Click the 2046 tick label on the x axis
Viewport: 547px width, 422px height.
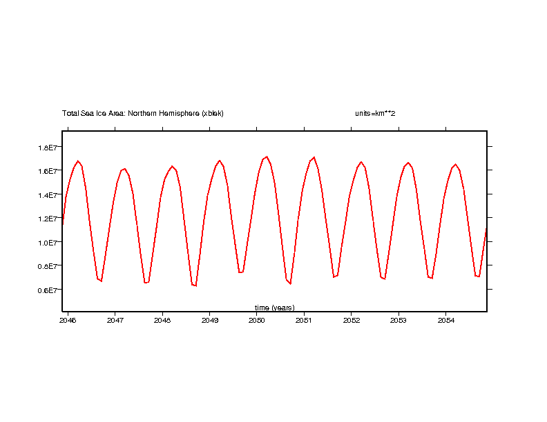68,320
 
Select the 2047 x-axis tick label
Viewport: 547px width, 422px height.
115,320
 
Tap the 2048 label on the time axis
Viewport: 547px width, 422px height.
162,320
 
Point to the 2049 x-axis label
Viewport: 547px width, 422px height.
209,320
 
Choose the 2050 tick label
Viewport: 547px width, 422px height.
256,320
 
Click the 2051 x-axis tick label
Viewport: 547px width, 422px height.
304,320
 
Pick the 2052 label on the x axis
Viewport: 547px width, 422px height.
352,320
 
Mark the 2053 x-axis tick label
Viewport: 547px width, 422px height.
399,320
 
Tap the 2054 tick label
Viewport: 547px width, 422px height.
446,320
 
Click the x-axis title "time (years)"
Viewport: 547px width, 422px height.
274,308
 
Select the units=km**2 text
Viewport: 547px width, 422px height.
370,113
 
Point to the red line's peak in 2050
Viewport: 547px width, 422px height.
267,157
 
